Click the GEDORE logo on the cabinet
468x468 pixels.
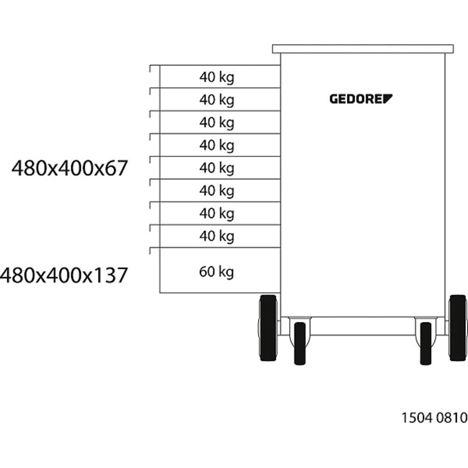click(x=361, y=99)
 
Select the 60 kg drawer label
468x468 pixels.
click(x=216, y=271)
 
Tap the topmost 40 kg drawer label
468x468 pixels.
click(x=216, y=77)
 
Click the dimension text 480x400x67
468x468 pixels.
click(x=70, y=168)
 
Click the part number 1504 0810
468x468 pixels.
click(x=434, y=417)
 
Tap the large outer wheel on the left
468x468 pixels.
click(x=268, y=328)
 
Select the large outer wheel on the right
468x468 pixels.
click(x=457, y=328)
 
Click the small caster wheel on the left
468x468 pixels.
click(x=300, y=343)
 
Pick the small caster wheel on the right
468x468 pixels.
click(x=426, y=343)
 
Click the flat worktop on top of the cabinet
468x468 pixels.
click(x=363, y=49)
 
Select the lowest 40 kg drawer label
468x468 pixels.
click(x=216, y=236)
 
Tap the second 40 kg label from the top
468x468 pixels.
click(x=216, y=100)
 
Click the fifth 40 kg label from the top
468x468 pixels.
click(x=216, y=168)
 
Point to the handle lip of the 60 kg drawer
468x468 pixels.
click(x=151, y=251)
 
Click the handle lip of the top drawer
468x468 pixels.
click(x=151, y=69)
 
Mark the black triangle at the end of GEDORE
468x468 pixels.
click(x=388, y=98)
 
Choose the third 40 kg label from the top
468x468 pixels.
click(x=216, y=123)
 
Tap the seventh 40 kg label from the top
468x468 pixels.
click(x=216, y=213)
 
